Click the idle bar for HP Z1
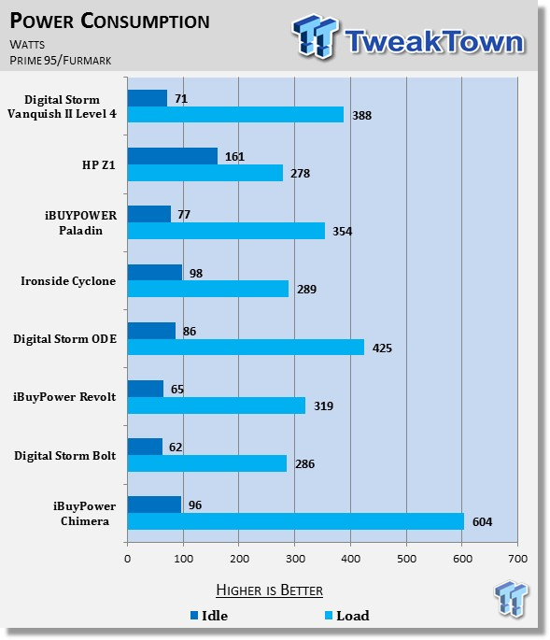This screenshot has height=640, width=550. (x=173, y=156)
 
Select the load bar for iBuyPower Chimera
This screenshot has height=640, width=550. (x=296, y=521)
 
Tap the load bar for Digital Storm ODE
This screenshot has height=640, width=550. (x=246, y=347)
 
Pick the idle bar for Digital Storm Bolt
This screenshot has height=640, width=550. (x=145, y=447)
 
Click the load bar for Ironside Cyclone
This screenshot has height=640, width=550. (x=208, y=289)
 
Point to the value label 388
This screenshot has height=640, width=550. (x=362, y=116)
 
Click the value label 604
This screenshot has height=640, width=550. (x=482, y=522)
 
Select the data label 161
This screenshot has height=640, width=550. (x=234, y=157)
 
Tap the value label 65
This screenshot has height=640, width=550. (x=177, y=390)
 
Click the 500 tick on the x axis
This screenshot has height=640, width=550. (x=407, y=559)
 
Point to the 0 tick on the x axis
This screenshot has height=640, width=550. (x=128, y=559)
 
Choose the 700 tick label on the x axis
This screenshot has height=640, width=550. (x=517, y=559)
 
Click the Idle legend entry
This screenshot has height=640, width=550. (x=209, y=616)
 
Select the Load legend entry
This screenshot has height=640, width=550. (x=346, y=616)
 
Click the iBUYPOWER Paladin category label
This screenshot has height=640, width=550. (x=81, y=223)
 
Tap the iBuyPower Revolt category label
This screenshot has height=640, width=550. (x=64, y=397)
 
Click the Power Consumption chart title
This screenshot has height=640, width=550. (x=109, y=21)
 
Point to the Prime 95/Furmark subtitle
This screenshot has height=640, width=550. (x=61, y=61)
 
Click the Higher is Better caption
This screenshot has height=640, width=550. (x=269, y=590)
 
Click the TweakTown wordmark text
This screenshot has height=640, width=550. (x=435, y=41)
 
